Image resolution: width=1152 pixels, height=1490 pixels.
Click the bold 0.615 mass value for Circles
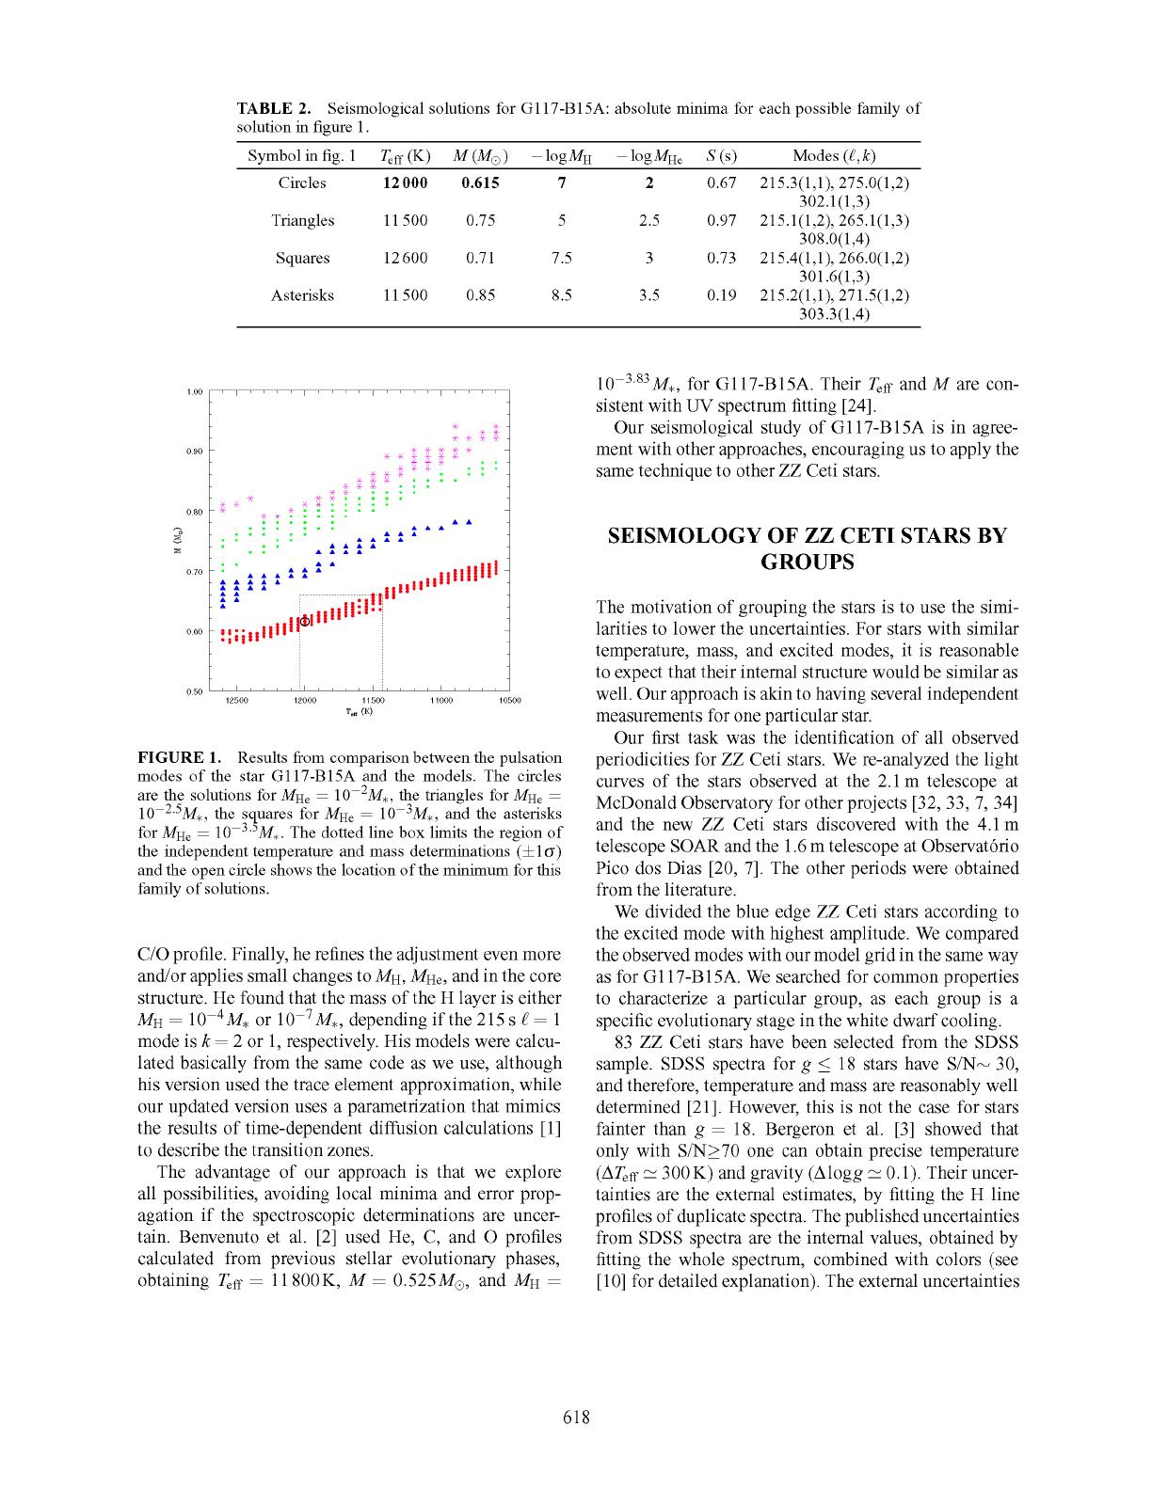[x=480, y=183]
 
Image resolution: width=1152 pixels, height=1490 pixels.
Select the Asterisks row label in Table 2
[x=302, y=295]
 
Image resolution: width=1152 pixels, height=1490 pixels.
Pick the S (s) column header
[x=721, y=156]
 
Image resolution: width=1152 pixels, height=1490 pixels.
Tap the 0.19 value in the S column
[x=721, y=295]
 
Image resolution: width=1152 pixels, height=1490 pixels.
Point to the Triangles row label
[x=302, y=220]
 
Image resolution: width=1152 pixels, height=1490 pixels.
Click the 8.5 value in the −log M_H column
[x=561, y=295]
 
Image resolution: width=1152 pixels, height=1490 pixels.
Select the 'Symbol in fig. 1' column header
[x=301, y=156]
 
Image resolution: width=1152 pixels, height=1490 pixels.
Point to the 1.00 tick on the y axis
[x=195, y=391]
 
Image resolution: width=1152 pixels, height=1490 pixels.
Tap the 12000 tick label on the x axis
[x=305, y=701]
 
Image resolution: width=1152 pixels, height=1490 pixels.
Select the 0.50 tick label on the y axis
[x=195, y=692]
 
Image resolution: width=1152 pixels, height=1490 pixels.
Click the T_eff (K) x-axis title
[x=359, y=712]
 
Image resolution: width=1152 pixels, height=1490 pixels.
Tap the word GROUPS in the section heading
[x=807, y=563]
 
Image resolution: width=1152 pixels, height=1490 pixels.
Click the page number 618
[x=576, y=1418]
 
